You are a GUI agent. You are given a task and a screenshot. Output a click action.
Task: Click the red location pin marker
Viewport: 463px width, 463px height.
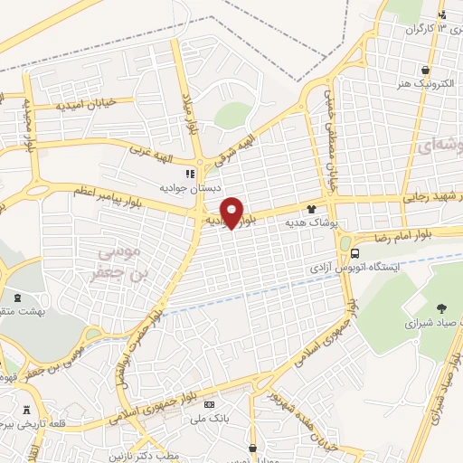(231, 212)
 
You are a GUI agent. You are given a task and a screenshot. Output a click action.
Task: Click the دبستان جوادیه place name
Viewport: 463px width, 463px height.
(184, 187)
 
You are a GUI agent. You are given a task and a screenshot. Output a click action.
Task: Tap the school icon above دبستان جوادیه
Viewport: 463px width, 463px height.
(190, 174)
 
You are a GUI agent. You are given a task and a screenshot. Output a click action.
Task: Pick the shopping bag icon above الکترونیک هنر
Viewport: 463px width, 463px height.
(424, 69)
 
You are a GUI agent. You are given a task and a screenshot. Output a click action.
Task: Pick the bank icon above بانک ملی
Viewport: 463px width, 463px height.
(209, 404)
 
